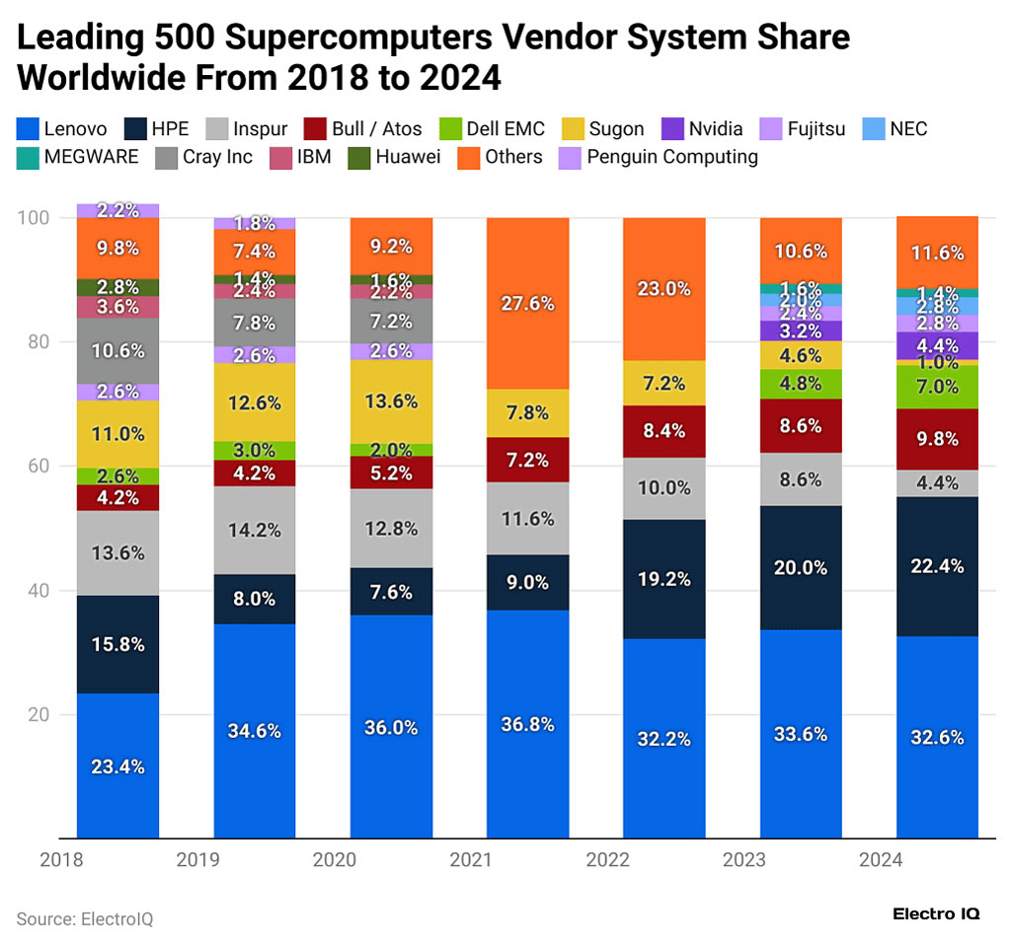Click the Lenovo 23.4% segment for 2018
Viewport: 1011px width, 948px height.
coord(117,766)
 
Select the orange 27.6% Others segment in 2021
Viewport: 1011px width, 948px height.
coord(527,303)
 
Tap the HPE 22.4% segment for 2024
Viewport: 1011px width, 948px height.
coord(936,566)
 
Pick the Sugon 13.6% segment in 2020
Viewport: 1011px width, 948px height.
coord(391,401)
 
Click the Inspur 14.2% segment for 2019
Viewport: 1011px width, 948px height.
coord(255,530)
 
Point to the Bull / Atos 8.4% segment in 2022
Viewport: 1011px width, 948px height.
coord(663,431)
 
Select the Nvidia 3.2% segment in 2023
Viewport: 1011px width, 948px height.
coord(800,330)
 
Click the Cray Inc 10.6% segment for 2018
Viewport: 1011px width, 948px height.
coord(117,350)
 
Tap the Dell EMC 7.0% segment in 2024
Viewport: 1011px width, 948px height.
coord(936,387)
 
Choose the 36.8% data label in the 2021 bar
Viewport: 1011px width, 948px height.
coord(527,724)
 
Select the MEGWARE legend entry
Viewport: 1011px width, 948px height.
coord(78,157)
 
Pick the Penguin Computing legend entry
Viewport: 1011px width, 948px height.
coord(659,157)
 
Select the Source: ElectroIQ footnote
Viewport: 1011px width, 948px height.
coord(85,918)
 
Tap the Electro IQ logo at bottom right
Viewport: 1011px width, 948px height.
coord(935,914)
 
